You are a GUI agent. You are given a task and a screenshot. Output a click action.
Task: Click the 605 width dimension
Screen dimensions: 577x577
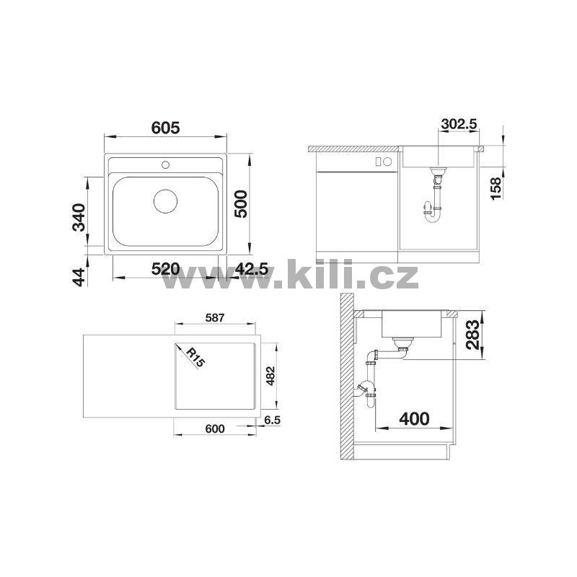coord(166,128)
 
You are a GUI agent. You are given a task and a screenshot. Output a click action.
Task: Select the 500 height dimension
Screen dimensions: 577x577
coord(241,203)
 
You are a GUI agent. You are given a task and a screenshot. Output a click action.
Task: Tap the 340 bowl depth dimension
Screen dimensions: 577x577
coord(79,217)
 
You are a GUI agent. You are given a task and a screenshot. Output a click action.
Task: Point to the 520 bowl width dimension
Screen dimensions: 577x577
coord(166,269)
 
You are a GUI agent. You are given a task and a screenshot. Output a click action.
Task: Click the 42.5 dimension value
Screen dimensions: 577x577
coord(252,269)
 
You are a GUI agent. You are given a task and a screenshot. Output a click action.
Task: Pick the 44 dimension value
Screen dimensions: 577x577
coord(79,277)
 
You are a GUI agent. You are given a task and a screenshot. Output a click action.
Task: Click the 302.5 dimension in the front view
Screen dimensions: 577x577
coord(459,124)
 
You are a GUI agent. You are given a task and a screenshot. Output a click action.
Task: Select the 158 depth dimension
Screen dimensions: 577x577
coord(496,188)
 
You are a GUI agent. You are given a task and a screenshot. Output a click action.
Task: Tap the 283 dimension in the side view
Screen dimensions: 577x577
coord(472,335)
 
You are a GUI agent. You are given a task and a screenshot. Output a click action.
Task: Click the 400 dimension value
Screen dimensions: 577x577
coord(414,419)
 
